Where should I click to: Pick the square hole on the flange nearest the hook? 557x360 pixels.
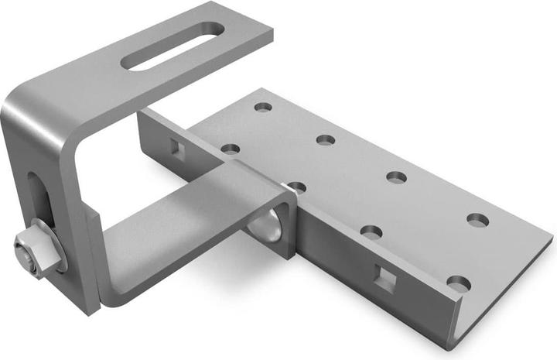point(173,146)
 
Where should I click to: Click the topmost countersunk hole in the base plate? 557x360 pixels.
point(263,106)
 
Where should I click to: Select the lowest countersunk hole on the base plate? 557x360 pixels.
point(459,283)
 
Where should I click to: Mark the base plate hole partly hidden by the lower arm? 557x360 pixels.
point(296,187)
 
